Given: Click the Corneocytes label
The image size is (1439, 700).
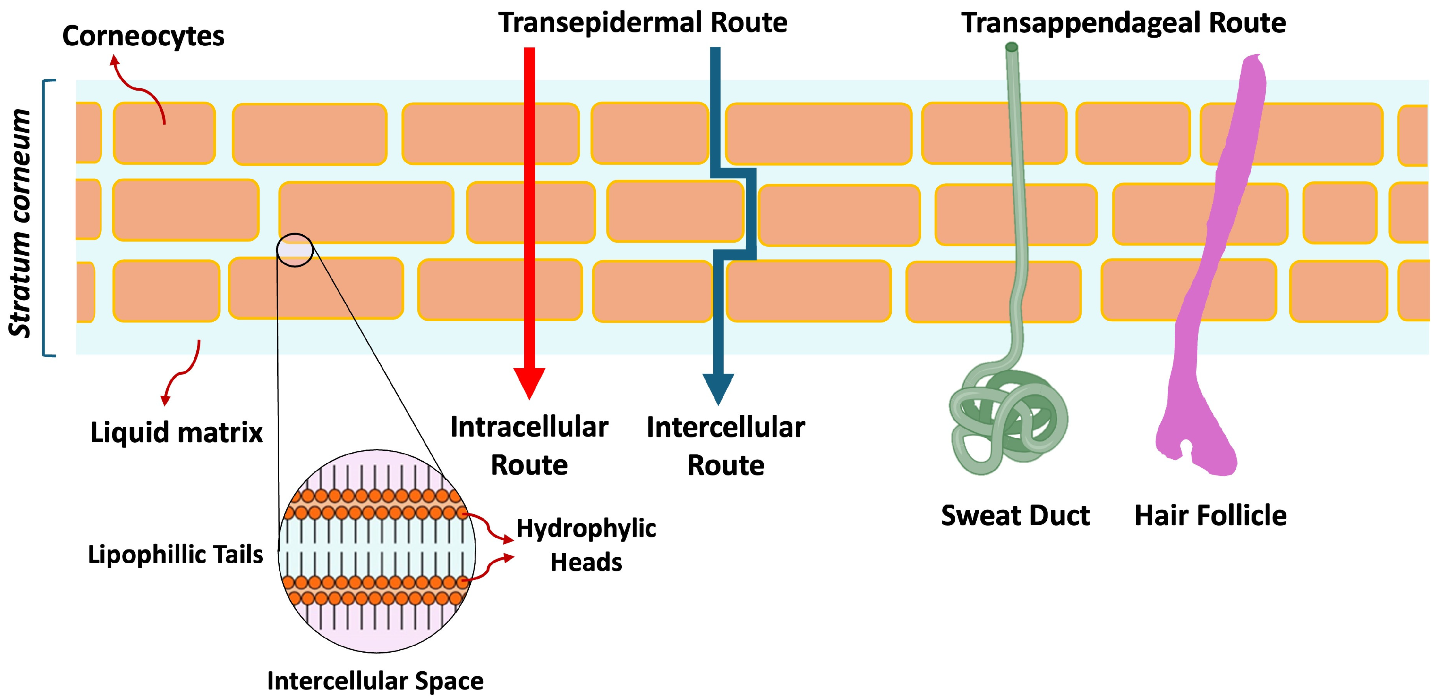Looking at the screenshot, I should coord(143,37).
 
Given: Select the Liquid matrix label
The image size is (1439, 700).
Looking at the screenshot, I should coord(176,433).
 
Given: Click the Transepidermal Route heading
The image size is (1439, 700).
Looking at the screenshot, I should coord(642,23).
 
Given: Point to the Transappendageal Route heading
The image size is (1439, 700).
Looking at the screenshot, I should coord(1123,23).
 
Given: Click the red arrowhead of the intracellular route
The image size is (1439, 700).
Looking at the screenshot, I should coord(529,382).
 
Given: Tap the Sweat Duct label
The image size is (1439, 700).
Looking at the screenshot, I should coord(1015,515).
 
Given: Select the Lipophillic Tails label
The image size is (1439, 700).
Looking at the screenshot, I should coord(175,554).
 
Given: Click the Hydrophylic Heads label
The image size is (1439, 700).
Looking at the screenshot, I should coord(586,545).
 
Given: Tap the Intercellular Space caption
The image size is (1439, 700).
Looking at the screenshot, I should coord(375,681).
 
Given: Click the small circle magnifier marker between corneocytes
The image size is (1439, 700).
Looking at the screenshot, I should coord(294,250).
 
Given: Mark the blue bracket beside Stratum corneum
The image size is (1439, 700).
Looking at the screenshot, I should coord(45,218).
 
